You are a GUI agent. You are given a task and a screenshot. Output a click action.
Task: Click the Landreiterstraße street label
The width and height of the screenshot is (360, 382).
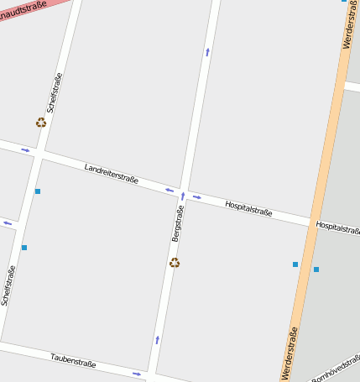111,173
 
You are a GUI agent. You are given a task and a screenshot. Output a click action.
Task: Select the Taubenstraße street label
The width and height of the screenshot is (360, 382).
73,360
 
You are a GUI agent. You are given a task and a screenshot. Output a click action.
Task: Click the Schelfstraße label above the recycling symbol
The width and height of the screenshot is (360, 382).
55,93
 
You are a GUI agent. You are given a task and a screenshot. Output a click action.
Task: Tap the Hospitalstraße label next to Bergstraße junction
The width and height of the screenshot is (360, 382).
248,208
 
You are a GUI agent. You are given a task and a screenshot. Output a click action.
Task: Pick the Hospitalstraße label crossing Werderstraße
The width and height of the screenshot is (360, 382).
337,227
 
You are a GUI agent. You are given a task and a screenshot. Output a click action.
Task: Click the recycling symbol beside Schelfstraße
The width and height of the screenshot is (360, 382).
41,123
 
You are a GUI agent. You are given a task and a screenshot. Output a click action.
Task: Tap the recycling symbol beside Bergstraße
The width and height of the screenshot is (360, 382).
175,263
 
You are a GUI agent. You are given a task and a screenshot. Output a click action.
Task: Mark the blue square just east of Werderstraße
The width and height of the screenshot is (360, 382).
316,269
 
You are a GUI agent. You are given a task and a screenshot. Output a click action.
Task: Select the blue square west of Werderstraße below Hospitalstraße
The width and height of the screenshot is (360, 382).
295,264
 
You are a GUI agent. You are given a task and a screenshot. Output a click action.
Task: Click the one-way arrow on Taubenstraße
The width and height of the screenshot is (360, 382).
137,373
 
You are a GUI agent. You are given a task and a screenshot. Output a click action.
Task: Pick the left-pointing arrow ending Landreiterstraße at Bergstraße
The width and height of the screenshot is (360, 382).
169,190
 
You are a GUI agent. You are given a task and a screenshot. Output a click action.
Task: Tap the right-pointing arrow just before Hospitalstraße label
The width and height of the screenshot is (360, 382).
197,197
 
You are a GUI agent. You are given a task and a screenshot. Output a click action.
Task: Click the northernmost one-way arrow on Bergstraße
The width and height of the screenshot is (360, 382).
207,52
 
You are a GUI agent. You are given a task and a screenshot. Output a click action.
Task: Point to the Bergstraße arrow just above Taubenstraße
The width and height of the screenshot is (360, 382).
157,339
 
